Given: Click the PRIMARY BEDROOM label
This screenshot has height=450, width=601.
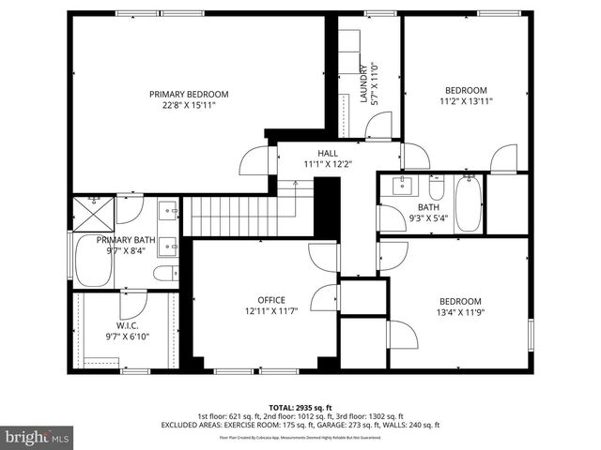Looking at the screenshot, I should [x=189, y=94].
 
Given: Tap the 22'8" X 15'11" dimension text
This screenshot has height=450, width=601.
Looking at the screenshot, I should [x=189, y=106].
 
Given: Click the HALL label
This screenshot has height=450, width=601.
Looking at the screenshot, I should [x=328, y=153].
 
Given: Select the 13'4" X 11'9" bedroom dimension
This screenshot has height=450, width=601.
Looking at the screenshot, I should [x=460, y=313].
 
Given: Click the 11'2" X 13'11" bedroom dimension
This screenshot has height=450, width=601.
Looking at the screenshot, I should [x=467, y=102].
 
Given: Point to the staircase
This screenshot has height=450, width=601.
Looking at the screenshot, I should [x=246, y=216].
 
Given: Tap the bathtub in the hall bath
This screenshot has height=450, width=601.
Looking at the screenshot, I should [x=467, y=203].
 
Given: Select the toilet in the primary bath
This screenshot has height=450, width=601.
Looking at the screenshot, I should [x=166, y=274].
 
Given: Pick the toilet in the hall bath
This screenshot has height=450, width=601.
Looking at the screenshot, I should [x=436, y=184].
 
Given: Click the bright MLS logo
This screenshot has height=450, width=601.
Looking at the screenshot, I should [x=38, y=436].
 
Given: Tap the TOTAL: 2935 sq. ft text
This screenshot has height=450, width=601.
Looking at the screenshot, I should [x=300, y=407].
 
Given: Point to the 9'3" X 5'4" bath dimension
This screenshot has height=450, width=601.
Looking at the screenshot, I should [x=427, y=219].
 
